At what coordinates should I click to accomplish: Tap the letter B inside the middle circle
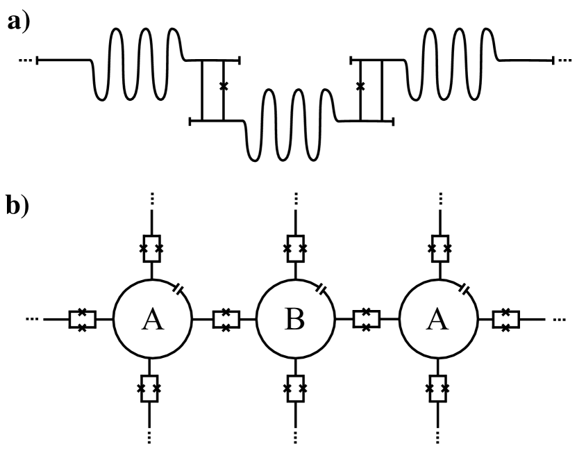294,320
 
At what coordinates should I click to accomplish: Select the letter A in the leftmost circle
151,320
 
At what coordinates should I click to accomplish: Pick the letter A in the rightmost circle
437,320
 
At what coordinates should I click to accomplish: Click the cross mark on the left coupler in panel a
223,86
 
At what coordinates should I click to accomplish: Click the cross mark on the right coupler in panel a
360,86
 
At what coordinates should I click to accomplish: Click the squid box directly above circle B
294,248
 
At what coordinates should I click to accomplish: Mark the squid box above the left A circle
151,248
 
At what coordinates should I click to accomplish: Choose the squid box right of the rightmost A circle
508,320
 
